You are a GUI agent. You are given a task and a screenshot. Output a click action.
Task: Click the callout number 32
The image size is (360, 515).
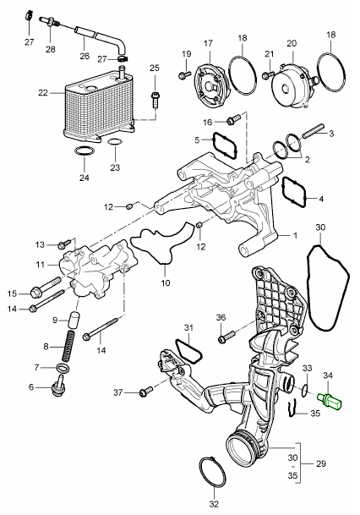coord(212,505)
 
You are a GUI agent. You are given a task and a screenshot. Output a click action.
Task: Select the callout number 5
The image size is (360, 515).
coord(197,140)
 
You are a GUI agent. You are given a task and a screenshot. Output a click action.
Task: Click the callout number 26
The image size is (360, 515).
coord(84,58)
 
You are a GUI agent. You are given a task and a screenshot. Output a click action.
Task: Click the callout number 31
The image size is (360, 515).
coord(188,328)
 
